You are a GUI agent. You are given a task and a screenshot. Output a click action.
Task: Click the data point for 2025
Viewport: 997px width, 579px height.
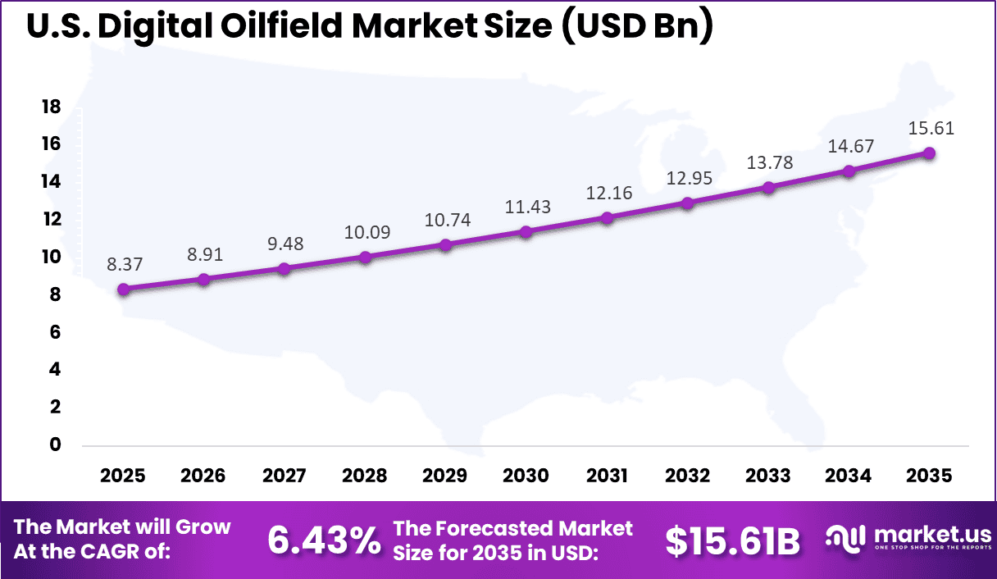(124, 289)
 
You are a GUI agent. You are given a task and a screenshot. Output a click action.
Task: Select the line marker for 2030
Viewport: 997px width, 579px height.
(526, 232)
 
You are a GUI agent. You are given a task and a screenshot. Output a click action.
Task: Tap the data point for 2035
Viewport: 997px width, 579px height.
(929, 153)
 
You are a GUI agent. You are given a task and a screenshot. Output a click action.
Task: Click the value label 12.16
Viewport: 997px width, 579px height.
(607, 194)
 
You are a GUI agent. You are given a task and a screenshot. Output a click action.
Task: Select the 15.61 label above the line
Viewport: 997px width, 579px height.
(931, 129)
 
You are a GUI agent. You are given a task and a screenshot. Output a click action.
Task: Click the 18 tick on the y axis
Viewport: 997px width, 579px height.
(51, 107)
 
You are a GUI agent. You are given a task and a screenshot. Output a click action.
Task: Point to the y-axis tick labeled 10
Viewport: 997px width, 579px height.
(51, 257)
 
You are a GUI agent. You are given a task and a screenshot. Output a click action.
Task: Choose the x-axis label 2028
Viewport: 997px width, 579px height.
(365, 476)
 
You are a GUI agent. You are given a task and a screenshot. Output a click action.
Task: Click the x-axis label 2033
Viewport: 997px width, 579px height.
(767, 476)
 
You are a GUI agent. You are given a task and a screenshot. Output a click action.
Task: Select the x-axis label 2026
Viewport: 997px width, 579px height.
(203, 476)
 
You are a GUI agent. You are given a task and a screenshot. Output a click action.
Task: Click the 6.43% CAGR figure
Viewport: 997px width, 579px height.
(325, 540)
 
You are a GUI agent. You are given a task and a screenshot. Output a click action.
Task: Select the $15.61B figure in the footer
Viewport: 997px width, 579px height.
(732, 540)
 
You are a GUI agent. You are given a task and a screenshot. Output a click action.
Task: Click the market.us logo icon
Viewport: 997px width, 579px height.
(845, 538)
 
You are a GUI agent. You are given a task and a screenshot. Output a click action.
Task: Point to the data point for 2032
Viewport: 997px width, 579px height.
(688, 203)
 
